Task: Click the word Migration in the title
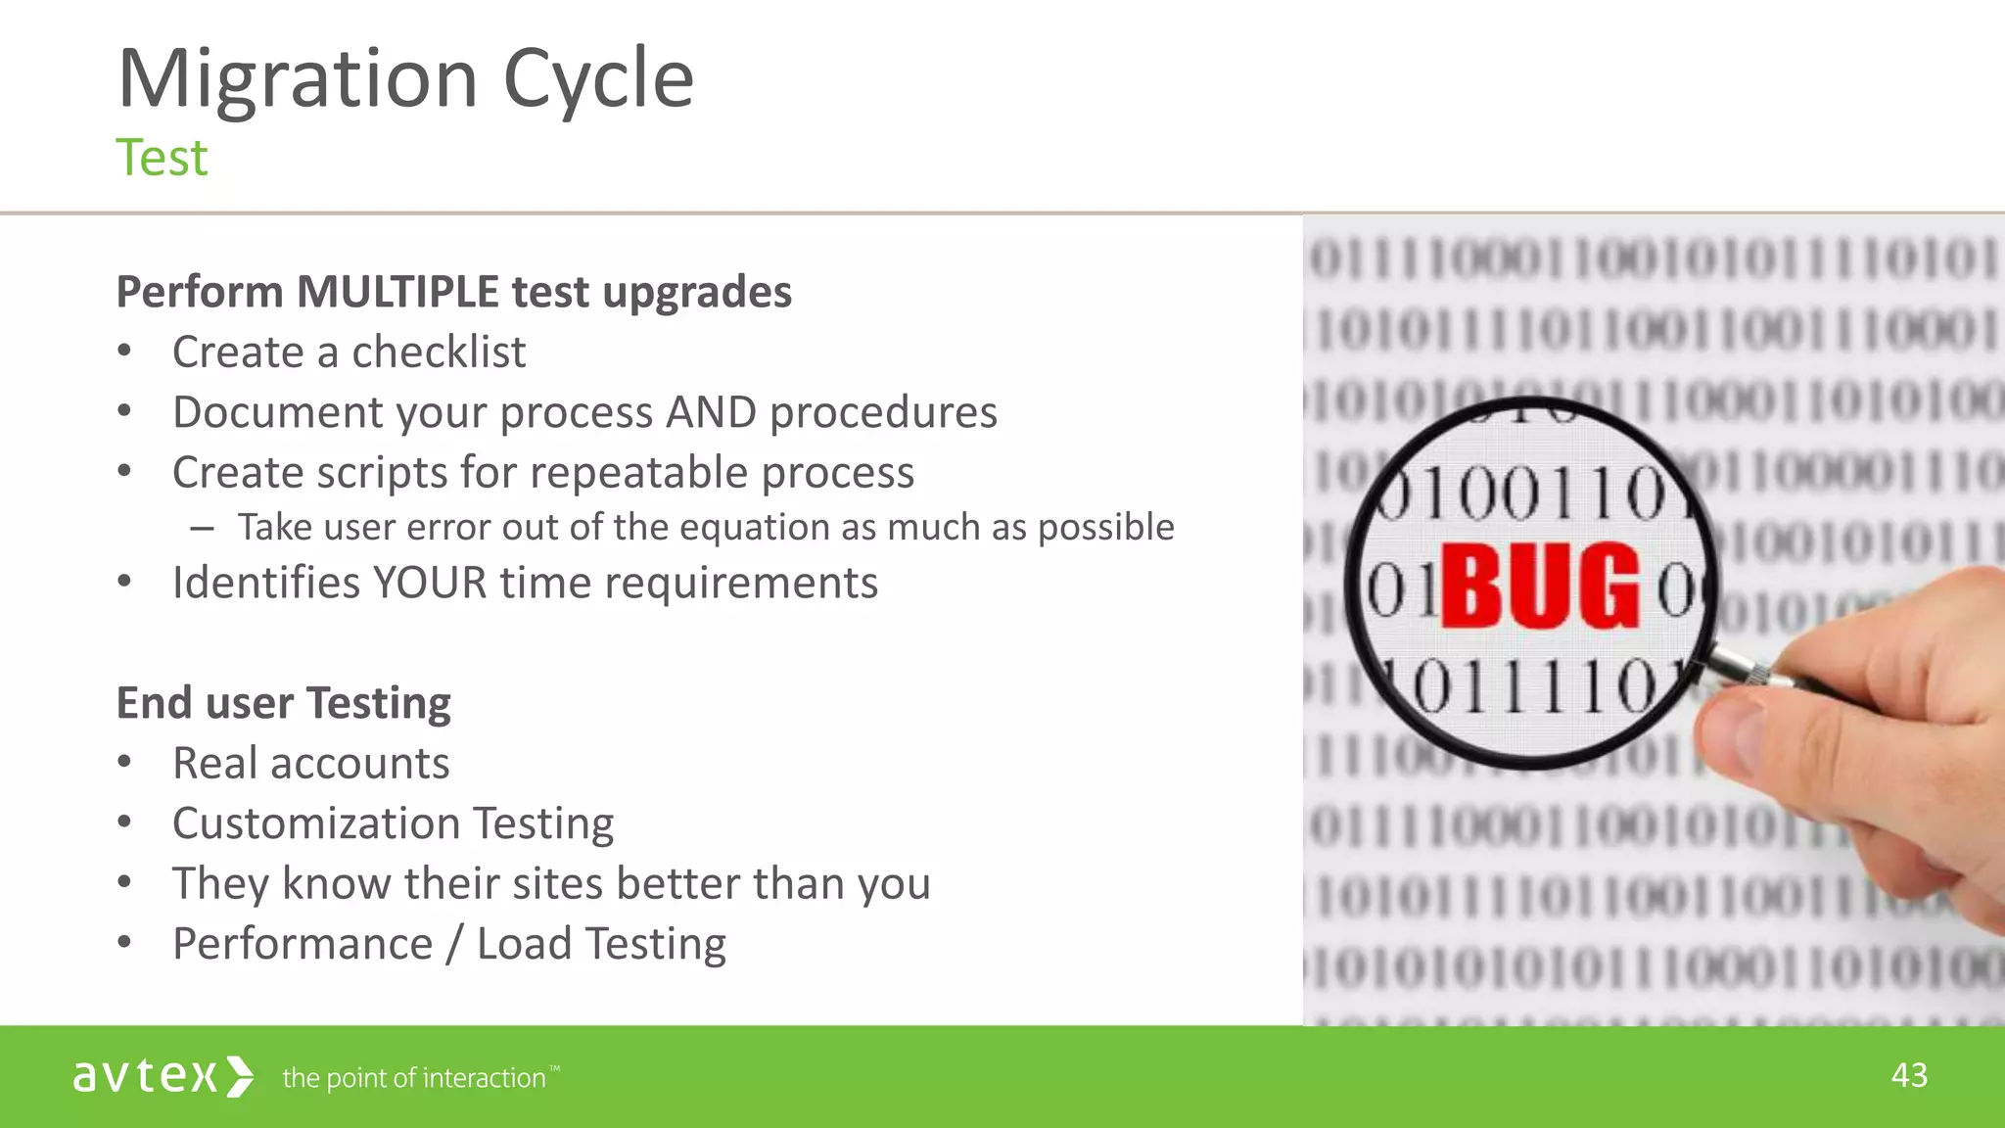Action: tap(297, 80)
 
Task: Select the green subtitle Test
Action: tap(162, 159)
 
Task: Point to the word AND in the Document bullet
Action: tap(711, 412)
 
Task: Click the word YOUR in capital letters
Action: tap(429, 584)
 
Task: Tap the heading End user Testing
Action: tap(283, 703)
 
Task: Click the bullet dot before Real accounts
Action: tap(124, 763)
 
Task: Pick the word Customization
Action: tap(316, 823)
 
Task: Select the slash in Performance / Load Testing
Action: tap(455, 945)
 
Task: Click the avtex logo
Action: tap(163, 1076)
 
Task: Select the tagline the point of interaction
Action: tap(414, 1078)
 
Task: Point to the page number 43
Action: tap(1908, 1076)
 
